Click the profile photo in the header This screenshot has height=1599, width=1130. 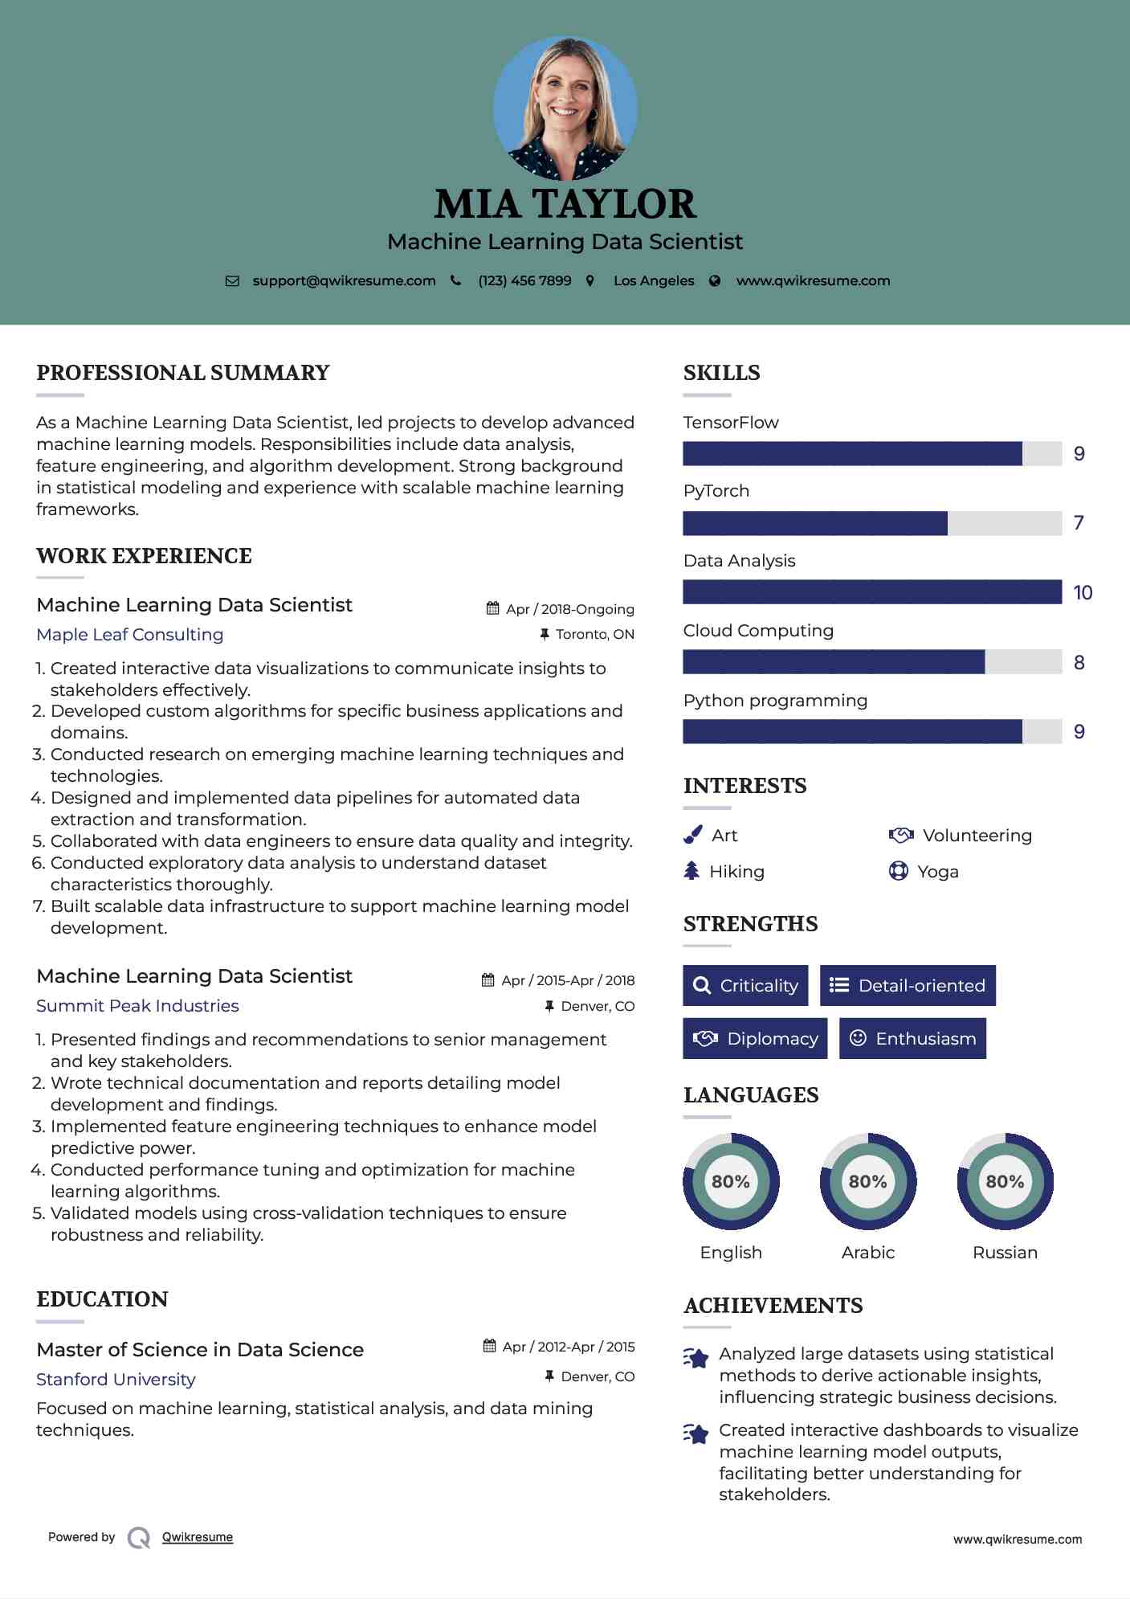click(565, 108)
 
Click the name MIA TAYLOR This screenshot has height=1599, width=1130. click(565, 204)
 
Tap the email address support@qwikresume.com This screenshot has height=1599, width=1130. click(344, 280)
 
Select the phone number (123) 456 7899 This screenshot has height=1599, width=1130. click(524, 280)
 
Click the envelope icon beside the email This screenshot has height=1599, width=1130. click(232, 281)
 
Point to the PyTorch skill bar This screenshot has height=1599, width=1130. click(872, 523)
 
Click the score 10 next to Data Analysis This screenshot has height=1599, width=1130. click(1082, 593)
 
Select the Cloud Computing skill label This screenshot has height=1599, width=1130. click(758, 631)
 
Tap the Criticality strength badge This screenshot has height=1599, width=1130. click(745, 985)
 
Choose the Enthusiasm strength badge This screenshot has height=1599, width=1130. click(912, 1038)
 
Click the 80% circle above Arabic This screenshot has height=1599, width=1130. click(867, 1181)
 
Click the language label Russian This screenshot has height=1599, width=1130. click(1005, 1252)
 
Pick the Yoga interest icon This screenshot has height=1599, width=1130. click(898, 871)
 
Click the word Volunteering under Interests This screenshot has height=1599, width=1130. click(977, 836)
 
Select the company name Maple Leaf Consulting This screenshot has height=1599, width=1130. click(130, 635)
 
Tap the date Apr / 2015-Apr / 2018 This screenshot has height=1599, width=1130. click(567, 980)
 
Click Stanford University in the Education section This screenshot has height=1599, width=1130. click(116, 1380)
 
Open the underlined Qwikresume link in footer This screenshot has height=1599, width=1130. click(197, 1537)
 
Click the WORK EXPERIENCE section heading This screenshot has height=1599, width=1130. click(144, 556)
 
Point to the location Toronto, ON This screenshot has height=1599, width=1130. click(594, 634)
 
